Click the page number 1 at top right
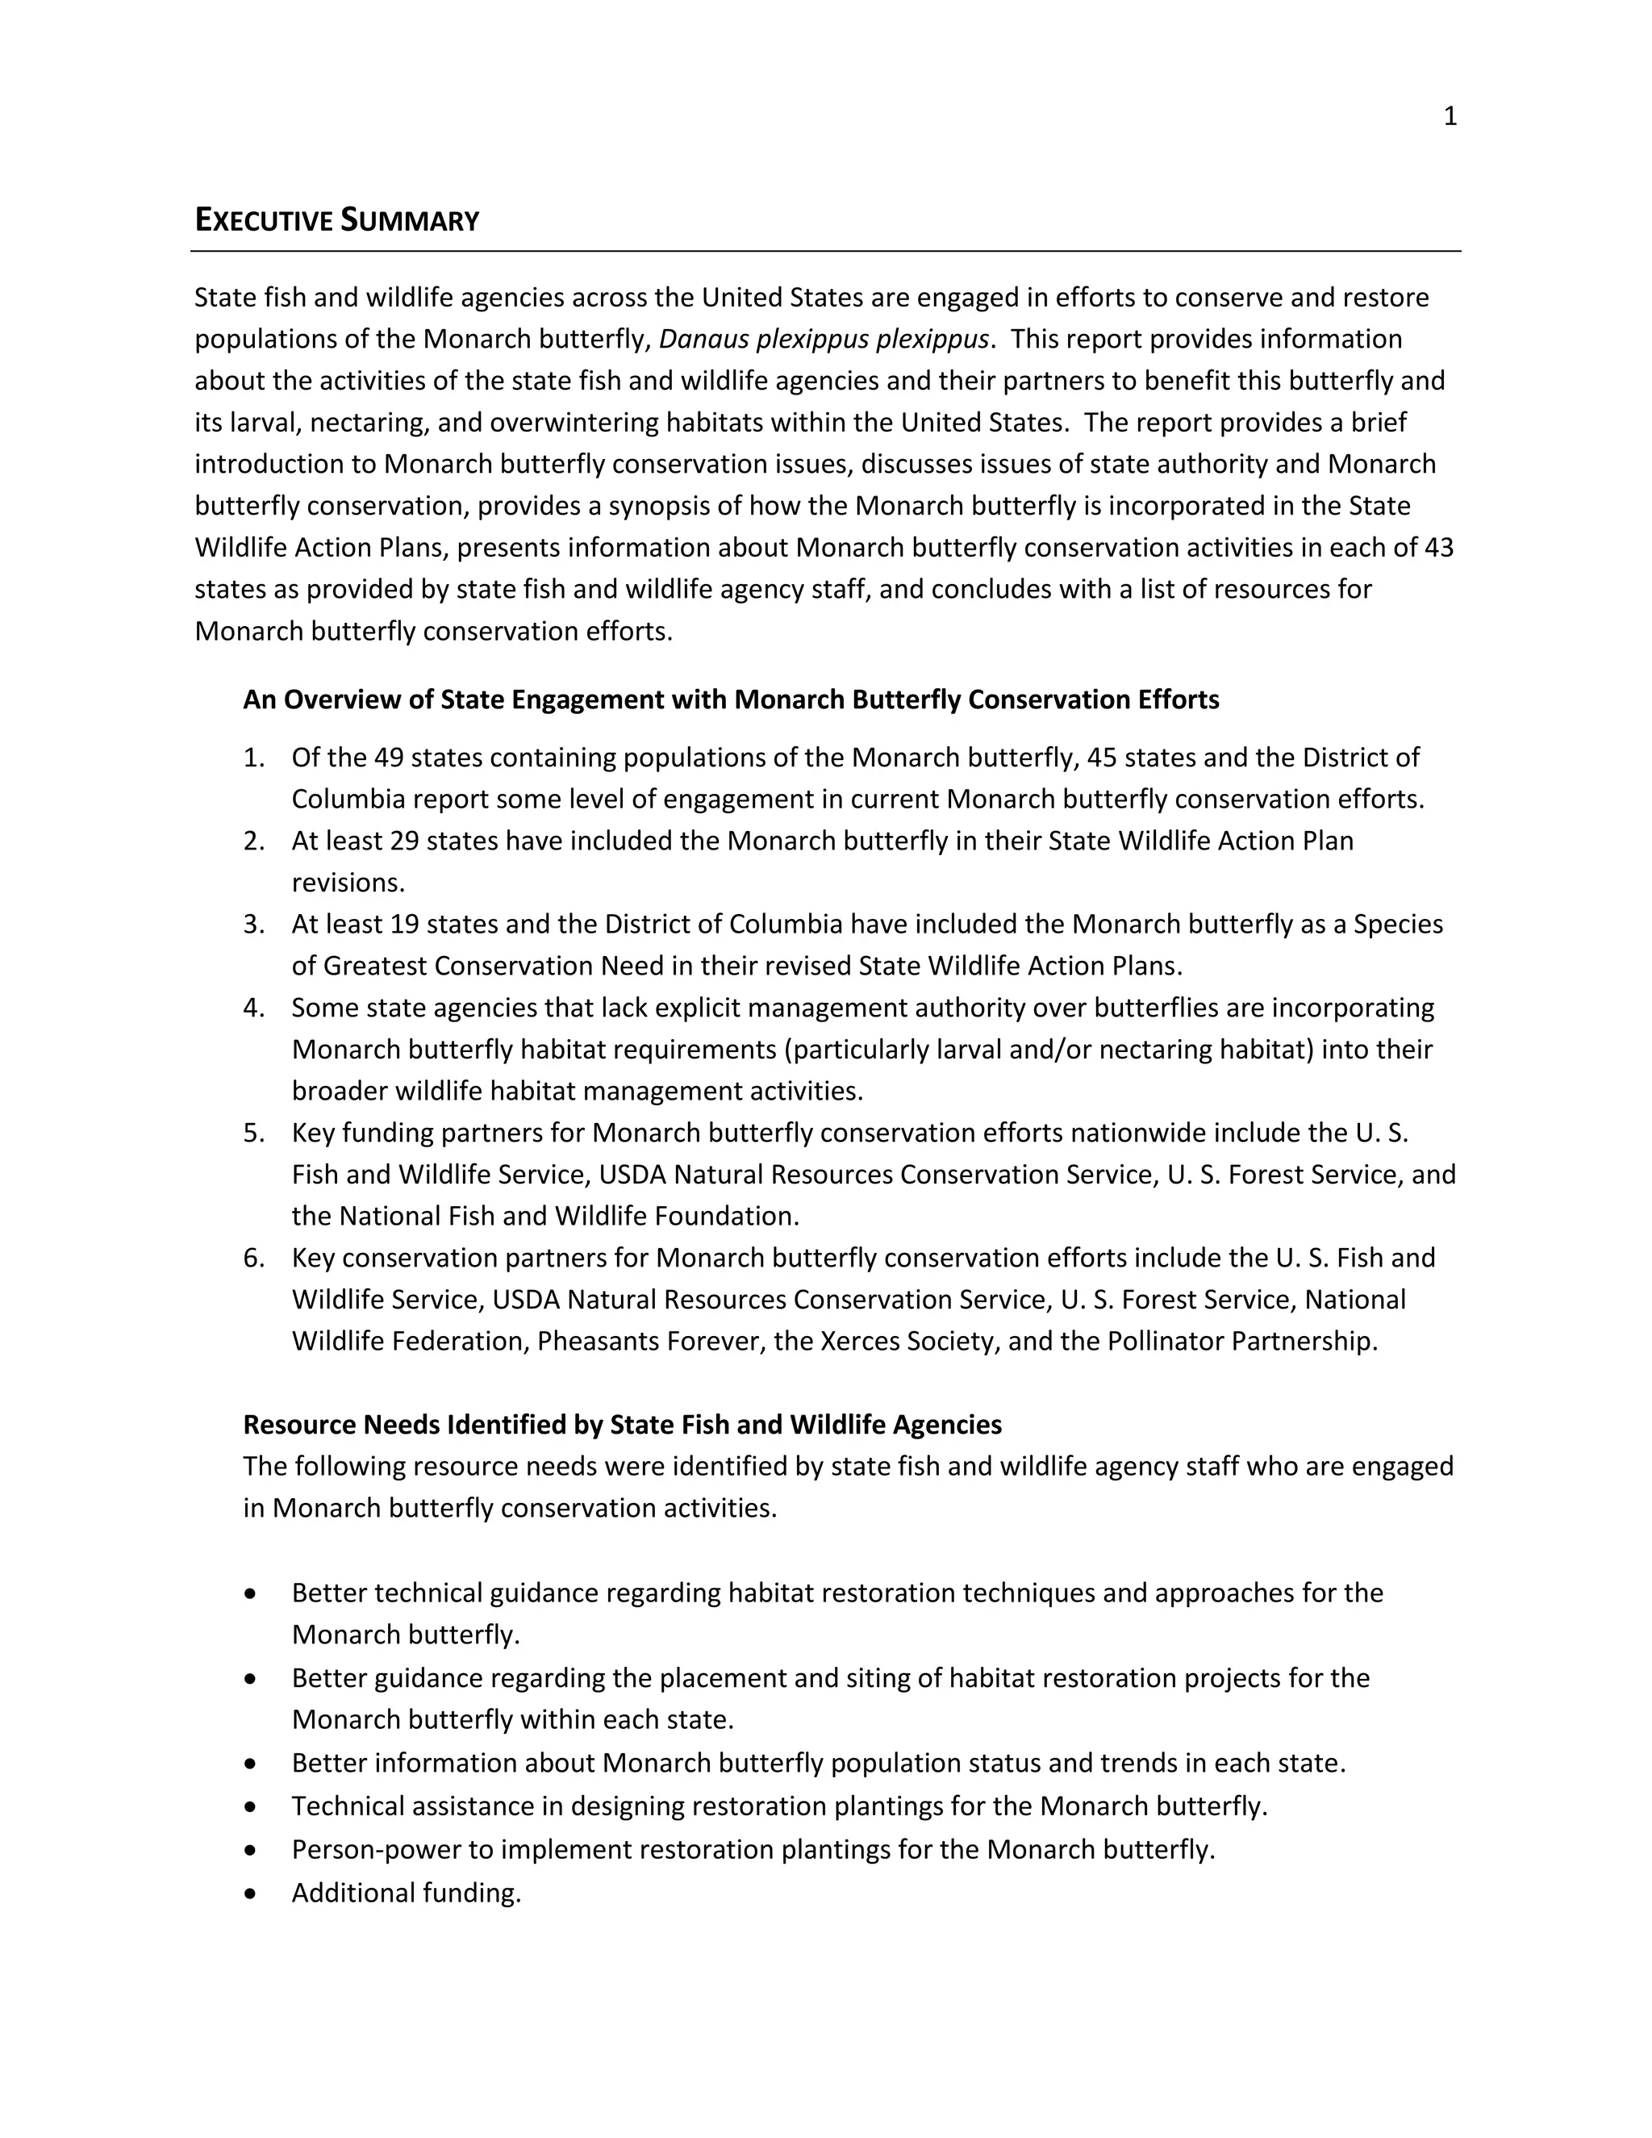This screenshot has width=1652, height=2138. coord(1450,116)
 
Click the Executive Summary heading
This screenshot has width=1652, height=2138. coord(336,220)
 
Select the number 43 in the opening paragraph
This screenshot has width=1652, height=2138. coord(1439,547)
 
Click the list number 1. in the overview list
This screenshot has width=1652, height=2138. coord(253,758)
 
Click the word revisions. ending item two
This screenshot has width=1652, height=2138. coord(348,883)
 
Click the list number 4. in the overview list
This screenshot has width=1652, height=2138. coord(253,1008)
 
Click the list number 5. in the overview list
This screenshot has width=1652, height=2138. coord(253,1133)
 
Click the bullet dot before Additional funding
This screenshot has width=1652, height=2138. coord(252,1894)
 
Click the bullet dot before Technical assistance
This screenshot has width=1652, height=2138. coord(252,1806)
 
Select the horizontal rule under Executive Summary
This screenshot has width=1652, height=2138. coord(825,252)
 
